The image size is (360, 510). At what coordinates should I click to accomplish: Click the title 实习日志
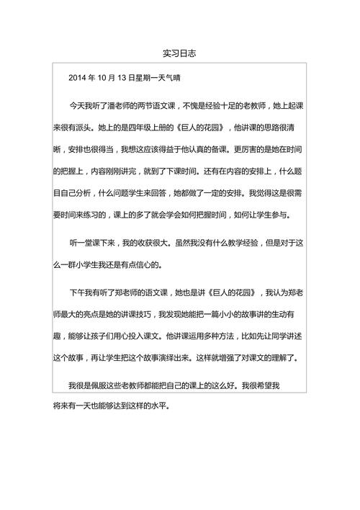click(180, 54)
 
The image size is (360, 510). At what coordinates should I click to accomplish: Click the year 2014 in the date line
click(78, 77)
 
